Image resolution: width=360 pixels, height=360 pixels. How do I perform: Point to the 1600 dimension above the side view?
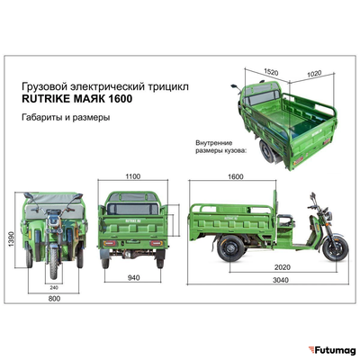tap(237, 177)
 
